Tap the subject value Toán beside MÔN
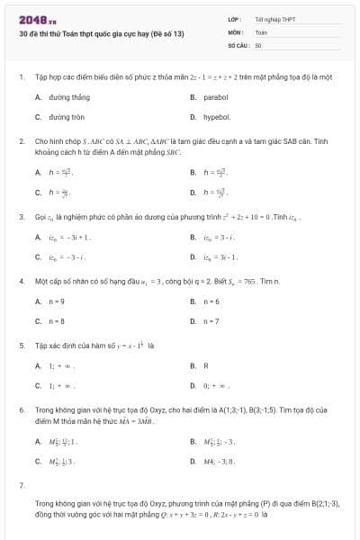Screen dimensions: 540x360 (x=262, y=31)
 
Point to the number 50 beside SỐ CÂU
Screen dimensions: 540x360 (x=258, y=44)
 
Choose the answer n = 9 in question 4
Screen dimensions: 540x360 (x=57, y=301)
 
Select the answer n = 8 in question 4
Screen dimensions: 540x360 (x=57, y=320)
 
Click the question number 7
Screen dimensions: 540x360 (x=21, y=485)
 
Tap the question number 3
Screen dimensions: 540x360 (x=21, y=217)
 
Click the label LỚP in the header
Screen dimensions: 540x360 (x=235, y=18)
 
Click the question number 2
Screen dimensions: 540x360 (x=21, y=141)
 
